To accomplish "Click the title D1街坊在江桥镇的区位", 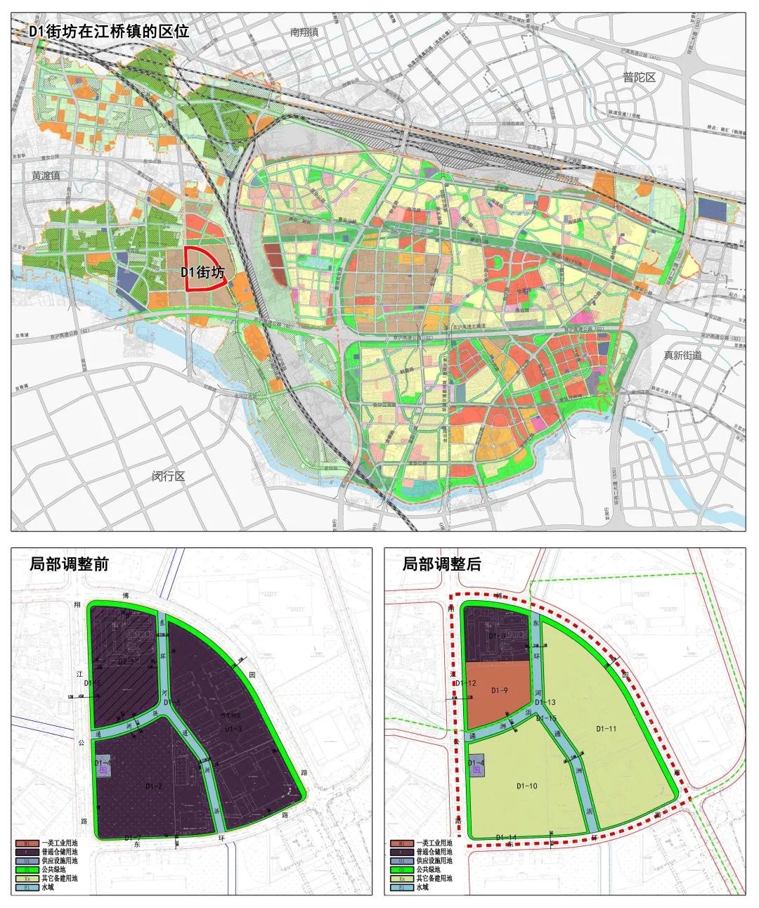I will pos(108,32).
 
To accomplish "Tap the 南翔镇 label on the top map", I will pos(304,32).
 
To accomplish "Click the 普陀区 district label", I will pos(639,77).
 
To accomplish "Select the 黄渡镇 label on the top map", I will pos(46,175).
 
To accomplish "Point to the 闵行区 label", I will pos(169,476).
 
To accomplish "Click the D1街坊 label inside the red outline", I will pos(203,273).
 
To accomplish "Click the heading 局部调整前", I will pos(69,564).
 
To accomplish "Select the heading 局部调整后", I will pos(441,564).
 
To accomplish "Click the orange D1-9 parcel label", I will pos(500,691).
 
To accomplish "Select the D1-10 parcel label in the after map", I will pos(527,786).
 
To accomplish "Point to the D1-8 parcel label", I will pos(498,635).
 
